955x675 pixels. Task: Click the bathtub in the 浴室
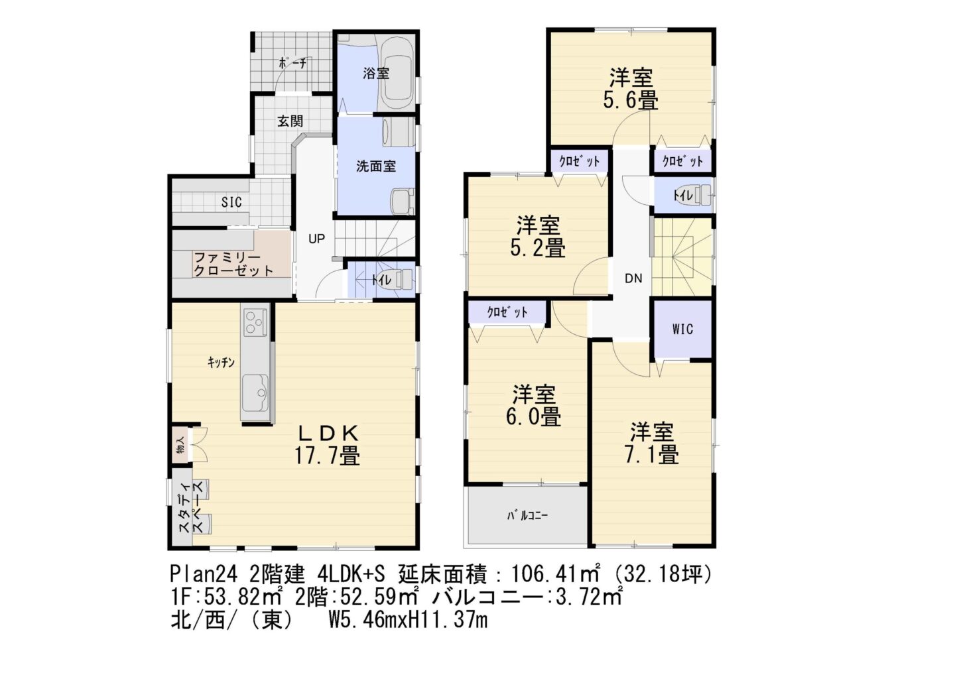coord(398,74)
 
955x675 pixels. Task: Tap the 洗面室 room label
coord(376,166)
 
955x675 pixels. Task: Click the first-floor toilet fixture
coord(401,280)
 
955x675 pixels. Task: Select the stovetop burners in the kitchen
coord(255,322)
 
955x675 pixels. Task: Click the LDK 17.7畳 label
coord(327,445)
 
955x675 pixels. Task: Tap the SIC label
coord(231,202)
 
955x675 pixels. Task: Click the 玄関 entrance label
coord(290,121)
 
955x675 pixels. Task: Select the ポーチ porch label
coord(292,64)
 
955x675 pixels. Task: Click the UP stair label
coord(316,239)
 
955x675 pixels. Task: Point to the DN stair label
coord(633,278)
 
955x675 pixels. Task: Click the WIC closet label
coord(682,329)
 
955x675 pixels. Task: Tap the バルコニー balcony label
coord(527,516)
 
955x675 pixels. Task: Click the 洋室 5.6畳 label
coord(631,89)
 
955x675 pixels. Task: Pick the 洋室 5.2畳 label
coord(538,237)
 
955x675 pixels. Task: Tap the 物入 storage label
coord(180,446)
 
